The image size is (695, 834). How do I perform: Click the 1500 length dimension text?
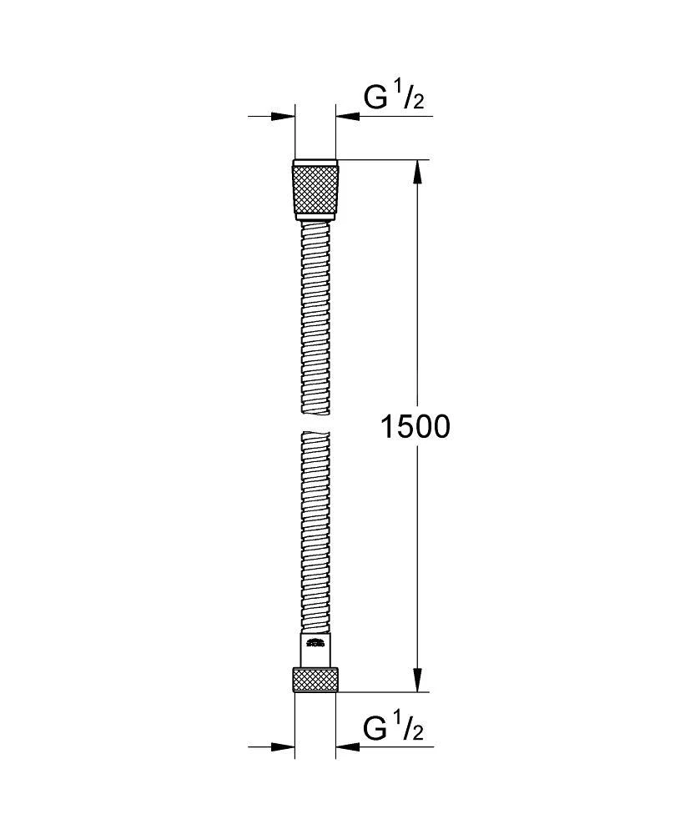tap(415, 427)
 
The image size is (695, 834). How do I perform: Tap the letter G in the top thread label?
tap(375, 98)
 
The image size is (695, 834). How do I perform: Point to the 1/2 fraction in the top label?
tap(411, 97)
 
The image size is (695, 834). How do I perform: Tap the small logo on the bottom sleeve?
tap(315, 642)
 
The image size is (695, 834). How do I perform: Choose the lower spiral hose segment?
tap(315, 534)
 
